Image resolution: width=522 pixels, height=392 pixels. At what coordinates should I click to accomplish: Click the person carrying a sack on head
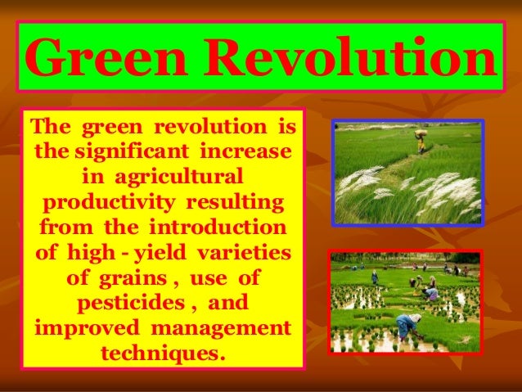[421, 142]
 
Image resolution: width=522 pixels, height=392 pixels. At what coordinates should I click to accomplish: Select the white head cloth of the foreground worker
[416, 317]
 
